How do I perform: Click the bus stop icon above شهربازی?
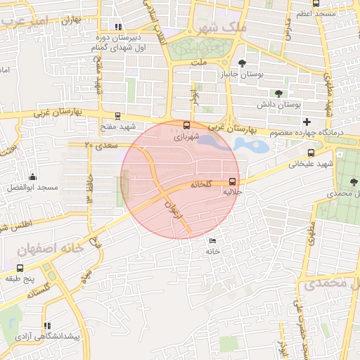[186, 127]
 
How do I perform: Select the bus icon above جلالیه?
[233, 181]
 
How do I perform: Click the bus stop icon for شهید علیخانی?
[311, 153]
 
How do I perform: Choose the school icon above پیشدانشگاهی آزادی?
[47, 326]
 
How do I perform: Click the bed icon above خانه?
[212, 240]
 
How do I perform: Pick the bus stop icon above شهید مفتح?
[117, 116]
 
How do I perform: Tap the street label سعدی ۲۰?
[98, 146]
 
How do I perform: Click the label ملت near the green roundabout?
[199, 62]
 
